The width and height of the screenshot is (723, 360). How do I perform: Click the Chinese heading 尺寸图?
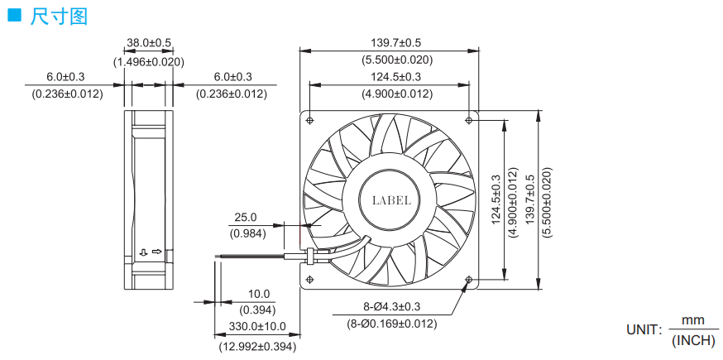[x=59, y=17]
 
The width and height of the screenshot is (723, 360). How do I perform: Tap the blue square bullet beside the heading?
[x=15, y=16]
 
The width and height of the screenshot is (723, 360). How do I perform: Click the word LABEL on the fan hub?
[x=391, y=200]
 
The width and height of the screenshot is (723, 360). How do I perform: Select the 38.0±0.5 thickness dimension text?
[x=149, y=43]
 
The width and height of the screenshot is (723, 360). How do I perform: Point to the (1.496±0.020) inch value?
[x=149, y=62]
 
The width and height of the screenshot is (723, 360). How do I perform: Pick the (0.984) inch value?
[x=248, y=233]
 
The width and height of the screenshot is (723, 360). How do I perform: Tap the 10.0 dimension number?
[x=258, y=294]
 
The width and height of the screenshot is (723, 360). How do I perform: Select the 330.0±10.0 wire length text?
[x=257, y=327]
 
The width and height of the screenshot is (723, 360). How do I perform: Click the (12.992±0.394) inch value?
[x=257, y=346]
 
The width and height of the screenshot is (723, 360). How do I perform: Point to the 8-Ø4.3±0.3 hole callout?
[x=391, y=306]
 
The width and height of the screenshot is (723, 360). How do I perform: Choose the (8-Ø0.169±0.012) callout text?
[x=391, y=324]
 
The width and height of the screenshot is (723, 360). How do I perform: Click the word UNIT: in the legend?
[x=644, y=329]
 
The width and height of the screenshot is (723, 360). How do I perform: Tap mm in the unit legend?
[x=693, y=319]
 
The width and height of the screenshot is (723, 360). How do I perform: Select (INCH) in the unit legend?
[x=693, y=341]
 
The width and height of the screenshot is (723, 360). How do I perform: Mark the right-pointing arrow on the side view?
[x=157, y=252]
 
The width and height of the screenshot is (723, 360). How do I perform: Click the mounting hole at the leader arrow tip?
[x=469, y=279]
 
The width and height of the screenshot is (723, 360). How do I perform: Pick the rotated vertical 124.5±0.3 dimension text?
[x=496, y=199]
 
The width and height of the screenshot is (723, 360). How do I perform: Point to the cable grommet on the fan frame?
[x=310, y=257]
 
